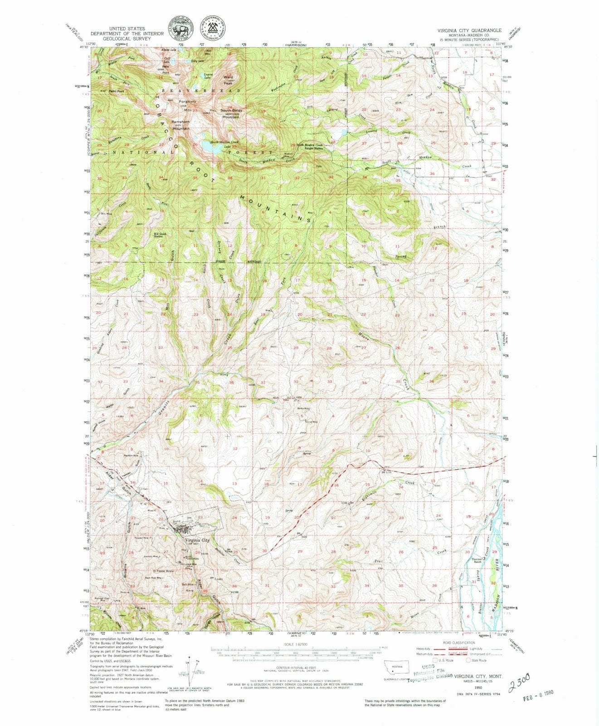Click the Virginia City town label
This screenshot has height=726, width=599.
coord(197,540)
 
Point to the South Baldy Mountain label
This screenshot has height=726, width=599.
coord(231,113)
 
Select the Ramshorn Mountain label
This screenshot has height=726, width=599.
coord(180,125)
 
